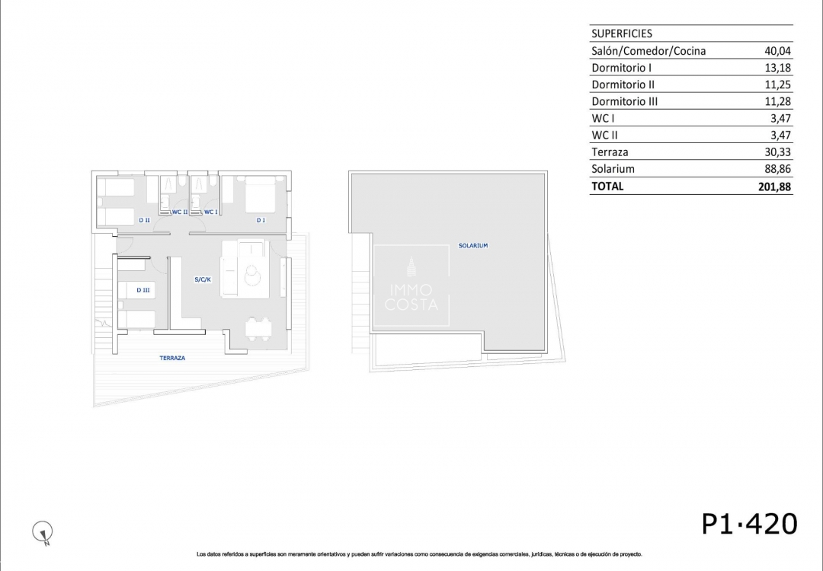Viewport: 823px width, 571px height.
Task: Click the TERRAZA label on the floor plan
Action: (172, 358)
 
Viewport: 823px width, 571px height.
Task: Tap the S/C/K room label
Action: (203, 279)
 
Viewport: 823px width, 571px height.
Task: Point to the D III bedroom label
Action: (143, 290)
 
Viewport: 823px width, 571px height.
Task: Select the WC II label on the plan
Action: (180, 212)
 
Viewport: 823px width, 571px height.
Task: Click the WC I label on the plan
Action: (210, 212)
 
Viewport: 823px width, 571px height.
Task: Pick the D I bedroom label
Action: (261, 220)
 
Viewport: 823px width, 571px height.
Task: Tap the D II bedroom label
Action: (144, 220)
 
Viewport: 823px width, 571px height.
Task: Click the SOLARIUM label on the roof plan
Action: (473, 245)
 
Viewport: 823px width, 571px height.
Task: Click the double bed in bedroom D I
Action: (261, 194)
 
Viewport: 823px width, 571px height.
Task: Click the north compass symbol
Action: (43, 532)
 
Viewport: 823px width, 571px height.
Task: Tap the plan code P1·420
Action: (750, 524)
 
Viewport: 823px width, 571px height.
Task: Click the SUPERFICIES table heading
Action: (622, 33)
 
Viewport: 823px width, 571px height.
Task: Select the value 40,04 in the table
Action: (777, 51)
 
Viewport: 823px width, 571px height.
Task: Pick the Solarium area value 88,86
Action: (777, 169)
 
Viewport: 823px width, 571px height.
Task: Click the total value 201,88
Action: (774, 186)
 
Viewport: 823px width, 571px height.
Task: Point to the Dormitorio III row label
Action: (624, 101)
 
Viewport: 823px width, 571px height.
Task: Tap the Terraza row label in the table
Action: (610, 152)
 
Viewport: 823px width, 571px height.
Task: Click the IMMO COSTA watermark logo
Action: (411, 285)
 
